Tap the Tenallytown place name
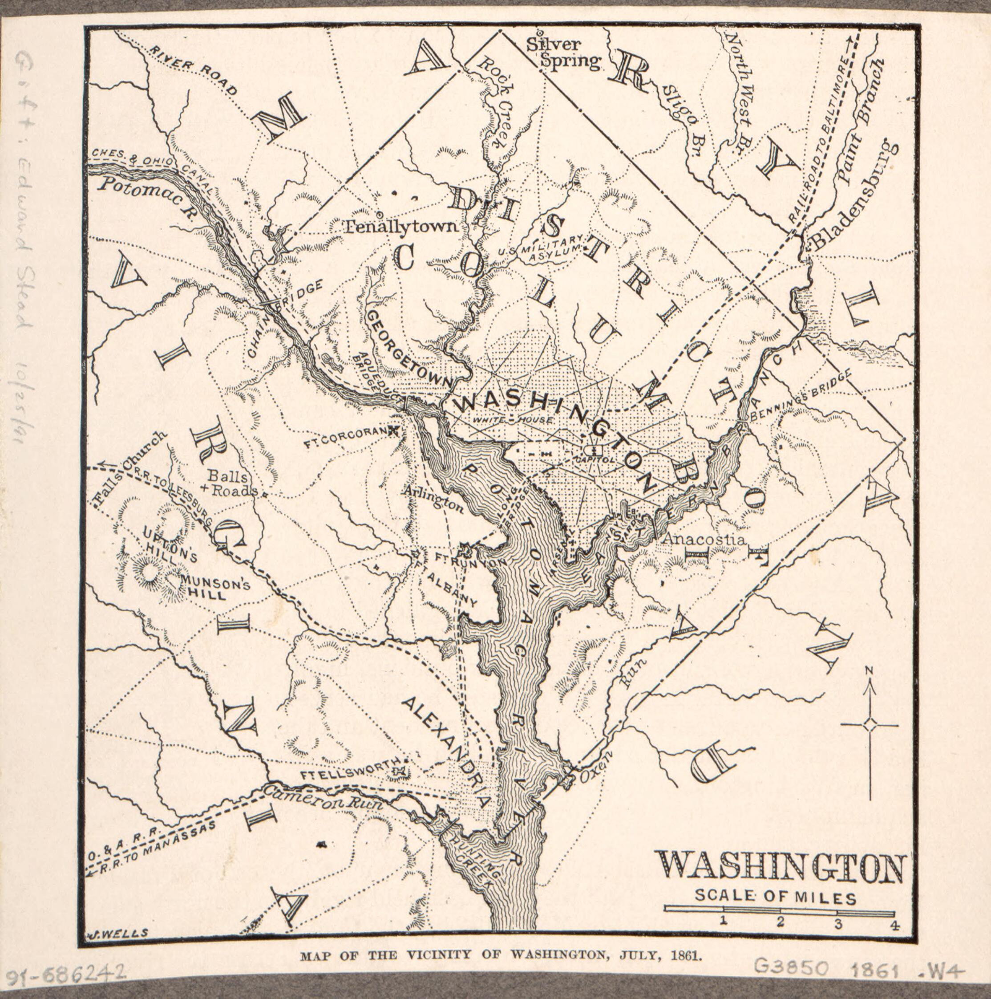(401, 227)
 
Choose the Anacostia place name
(704, 539)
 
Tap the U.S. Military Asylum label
(543, 247)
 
